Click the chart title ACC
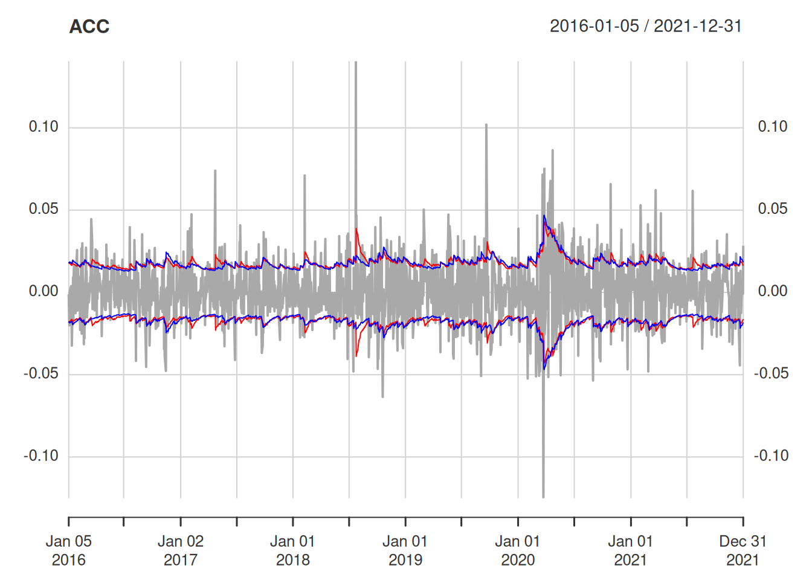[89, 27]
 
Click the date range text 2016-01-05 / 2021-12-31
[645, 26]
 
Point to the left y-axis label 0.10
[43, 127]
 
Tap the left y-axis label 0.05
[43, 209]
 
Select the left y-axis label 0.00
[43, 291]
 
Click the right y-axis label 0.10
[773, 127]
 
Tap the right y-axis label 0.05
[773, 209]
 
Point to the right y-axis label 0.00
[773, 291]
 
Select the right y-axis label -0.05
[771, 373]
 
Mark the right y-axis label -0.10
[771, 456]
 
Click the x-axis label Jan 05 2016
[69, 550]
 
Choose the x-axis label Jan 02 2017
[181, 550]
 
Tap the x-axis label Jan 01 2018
[293, 550]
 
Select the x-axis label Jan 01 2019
[405, 550]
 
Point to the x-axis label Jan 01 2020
[518, 550]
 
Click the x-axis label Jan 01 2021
[630, 550]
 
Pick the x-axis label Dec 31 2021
[743, 550]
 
